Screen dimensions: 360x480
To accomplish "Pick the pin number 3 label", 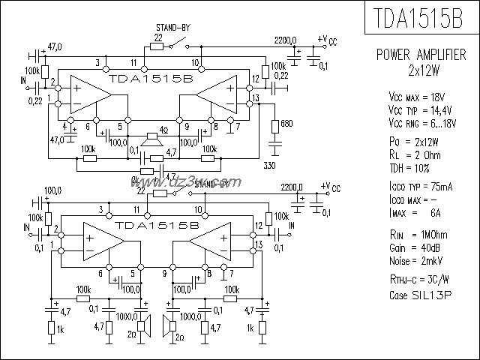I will tap(97, 61).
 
